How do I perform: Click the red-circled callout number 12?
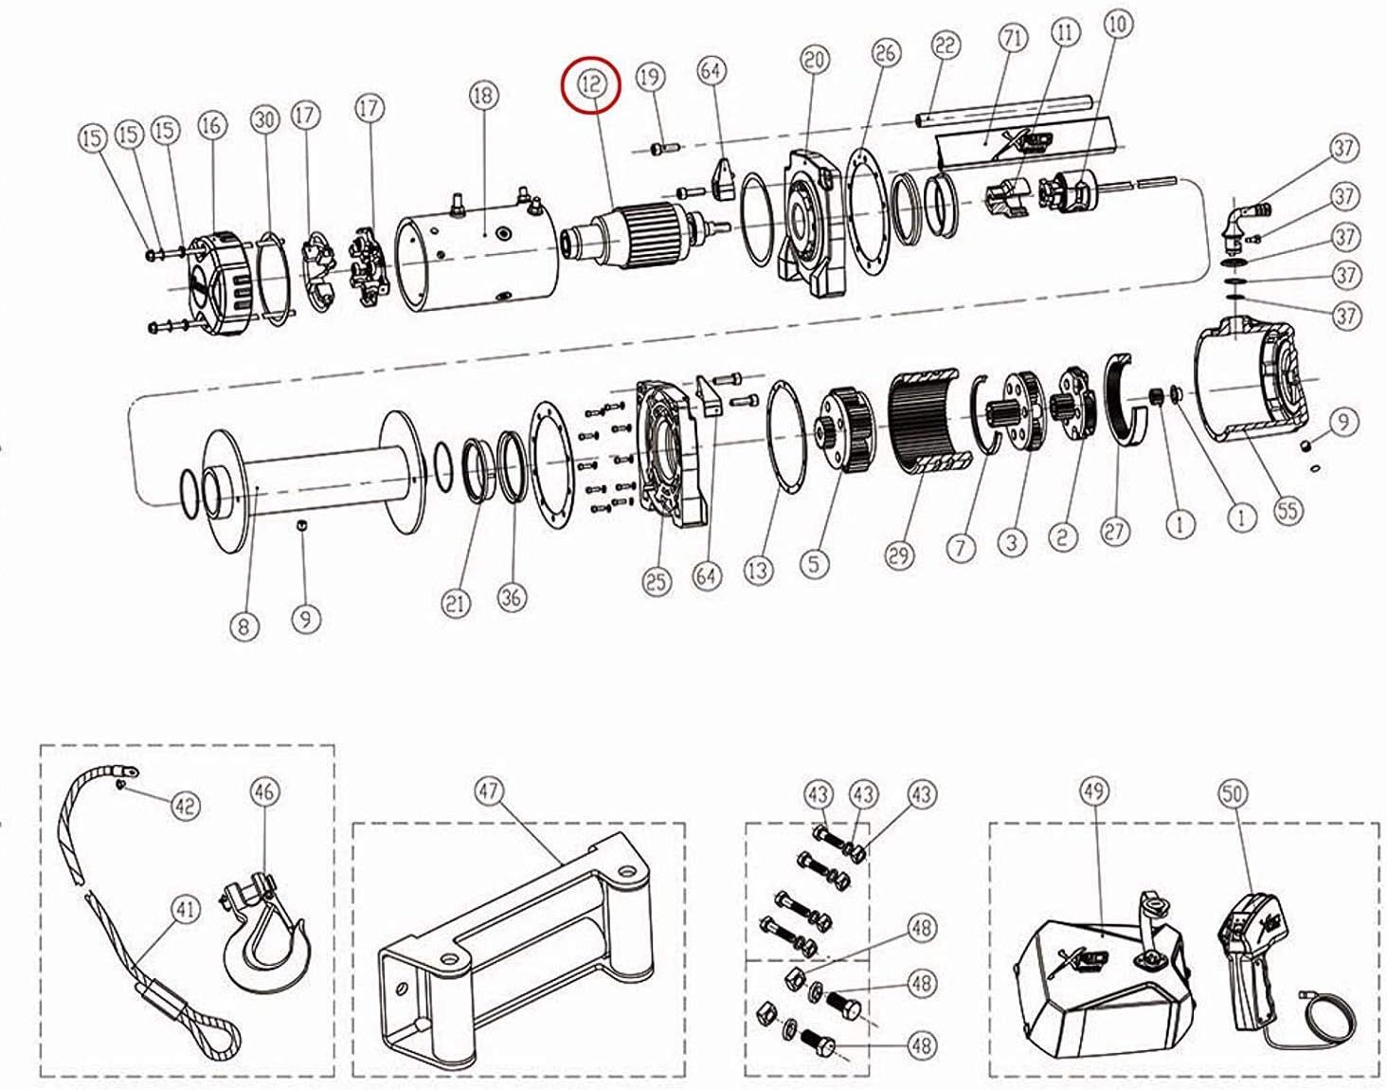[591, 83]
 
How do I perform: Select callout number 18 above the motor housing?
[483, 96]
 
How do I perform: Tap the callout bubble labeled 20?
[814, 61]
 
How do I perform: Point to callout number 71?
[1013, 40]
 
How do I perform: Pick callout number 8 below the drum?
[243, 626]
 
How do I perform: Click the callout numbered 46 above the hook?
[265, 790]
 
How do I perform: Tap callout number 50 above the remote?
[1234, 794]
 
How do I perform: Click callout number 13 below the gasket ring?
[758, 570]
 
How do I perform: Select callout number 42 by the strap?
[185, 806]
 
